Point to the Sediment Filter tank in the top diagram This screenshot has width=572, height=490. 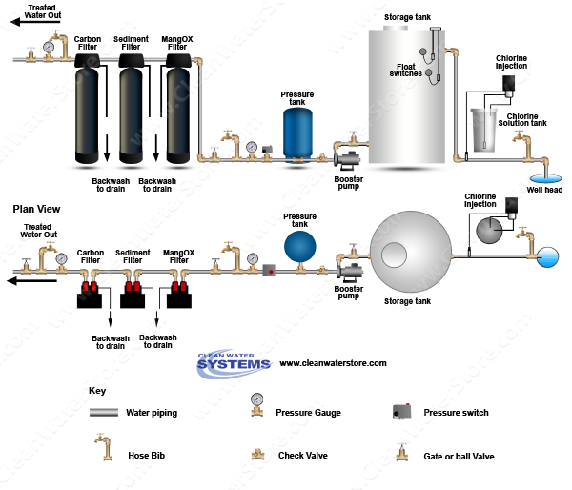(x=134, y=110)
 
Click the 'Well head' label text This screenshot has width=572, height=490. (x=544, y=189)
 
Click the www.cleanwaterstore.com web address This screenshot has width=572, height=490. (x=333, y=363)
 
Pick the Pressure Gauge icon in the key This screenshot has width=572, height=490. (x=255, y=406)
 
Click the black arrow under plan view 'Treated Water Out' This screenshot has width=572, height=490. (x=34, y=280)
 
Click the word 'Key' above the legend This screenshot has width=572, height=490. (x=97, y=391)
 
